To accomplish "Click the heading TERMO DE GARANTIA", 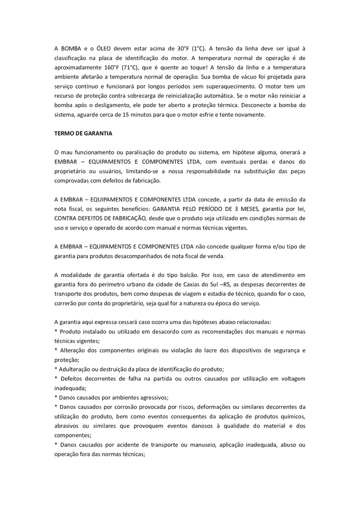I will click(83, 133).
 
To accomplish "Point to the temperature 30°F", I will click(183, 48).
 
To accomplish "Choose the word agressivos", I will click(153, 397).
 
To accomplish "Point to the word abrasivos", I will click(67, 426).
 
